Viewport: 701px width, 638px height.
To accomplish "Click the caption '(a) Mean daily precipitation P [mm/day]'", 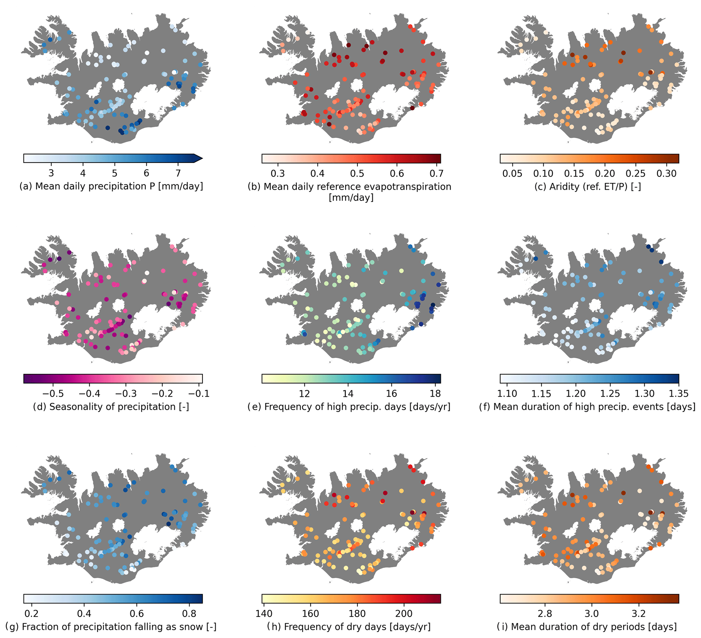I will pos(111,186).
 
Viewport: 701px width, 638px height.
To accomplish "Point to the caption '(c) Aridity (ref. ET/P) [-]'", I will pos(588,186).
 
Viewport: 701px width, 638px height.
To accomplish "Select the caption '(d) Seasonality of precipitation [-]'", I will pos(111,406).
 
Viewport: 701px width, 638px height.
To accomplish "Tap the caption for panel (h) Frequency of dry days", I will pos(349,627).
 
